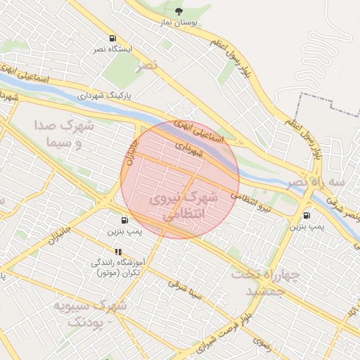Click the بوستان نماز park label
pyautogui.click(x=181, y=23)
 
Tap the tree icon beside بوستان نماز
pyautogui.click(x=178, y=11)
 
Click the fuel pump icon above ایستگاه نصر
pyautogui.click(x=112, y=38)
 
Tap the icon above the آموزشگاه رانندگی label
pyautogui.click(x=118, y=252)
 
